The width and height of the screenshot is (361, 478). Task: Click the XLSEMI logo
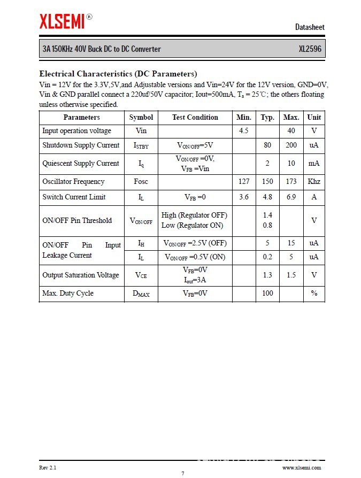pos(62,21)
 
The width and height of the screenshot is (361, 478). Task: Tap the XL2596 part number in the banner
pos(310,49)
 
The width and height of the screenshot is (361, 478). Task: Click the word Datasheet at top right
pos(310,27)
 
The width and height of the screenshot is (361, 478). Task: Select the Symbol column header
pos(141,117)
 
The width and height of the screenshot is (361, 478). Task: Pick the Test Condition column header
pos(195,117)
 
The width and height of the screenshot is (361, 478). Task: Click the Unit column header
pos(314,117)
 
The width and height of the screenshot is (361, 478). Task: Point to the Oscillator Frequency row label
pos(73,182)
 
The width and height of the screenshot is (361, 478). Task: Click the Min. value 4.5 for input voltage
pos(243,131)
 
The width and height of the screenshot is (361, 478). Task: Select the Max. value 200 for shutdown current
pos(291,145)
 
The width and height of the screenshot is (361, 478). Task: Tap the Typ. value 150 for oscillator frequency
pos(267,182)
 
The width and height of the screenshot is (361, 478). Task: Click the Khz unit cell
pos(314,182)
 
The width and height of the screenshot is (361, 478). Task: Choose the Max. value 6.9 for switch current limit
pos(291,197)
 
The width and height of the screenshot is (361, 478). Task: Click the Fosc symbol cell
pos(141,182)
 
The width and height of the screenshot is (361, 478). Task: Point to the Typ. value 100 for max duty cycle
pos(267,293)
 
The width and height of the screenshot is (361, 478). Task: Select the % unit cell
pos(314,293)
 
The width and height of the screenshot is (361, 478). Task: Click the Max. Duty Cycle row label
pos(68,293)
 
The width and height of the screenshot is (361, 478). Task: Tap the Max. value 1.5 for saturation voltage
pos(291,275)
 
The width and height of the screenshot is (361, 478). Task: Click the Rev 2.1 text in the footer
pos(48,467)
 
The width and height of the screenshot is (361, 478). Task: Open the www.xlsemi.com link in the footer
pos(303,467)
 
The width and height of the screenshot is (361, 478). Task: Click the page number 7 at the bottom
pos(182,473)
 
